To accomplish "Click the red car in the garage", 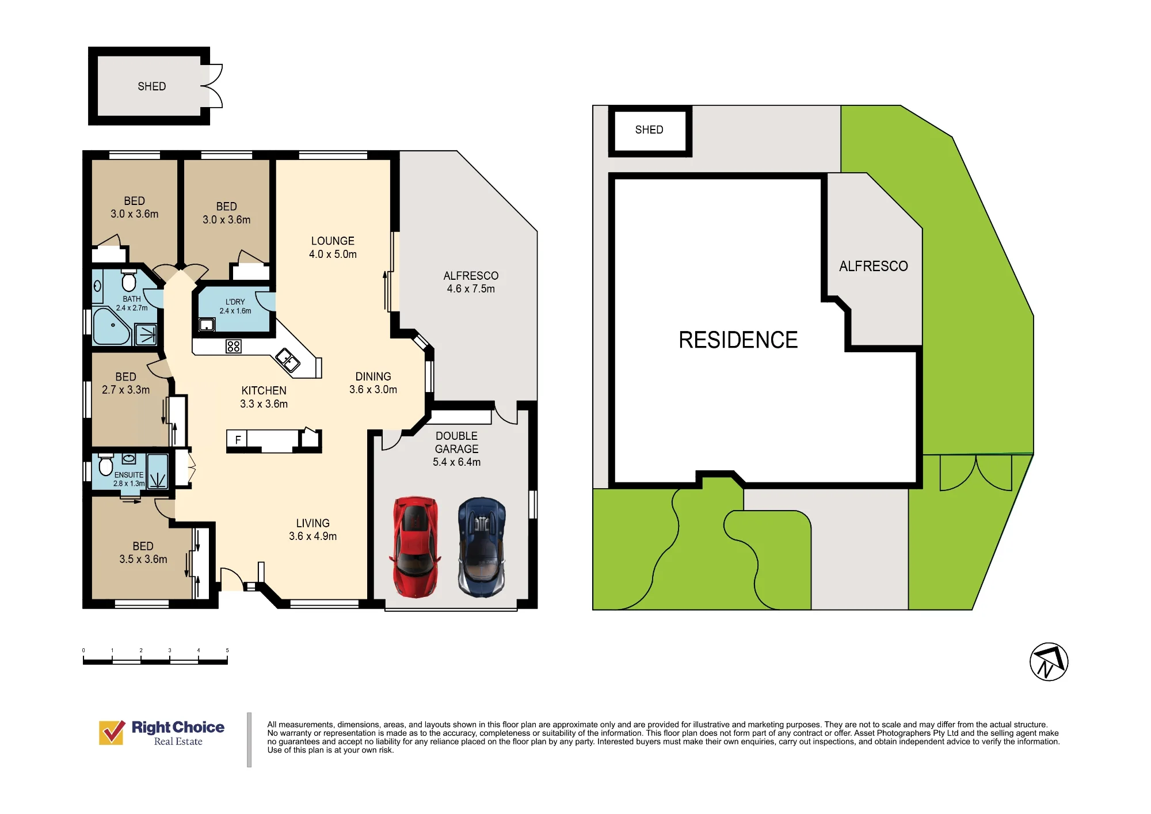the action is coord(415,547).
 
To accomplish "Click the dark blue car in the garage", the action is coord(482,547).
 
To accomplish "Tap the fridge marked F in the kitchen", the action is coord(237,440).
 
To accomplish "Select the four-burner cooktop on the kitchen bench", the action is coord(234,346).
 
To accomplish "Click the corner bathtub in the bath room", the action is coord(112,326).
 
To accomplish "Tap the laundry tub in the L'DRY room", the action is coord(207,325).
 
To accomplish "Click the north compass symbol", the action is coord(1049,661).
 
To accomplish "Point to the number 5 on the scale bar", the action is coord(227,651).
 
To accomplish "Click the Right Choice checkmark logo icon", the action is coord(112,732).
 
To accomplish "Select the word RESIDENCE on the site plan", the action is coord(738,340).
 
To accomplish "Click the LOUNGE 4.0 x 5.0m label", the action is coord(333,248).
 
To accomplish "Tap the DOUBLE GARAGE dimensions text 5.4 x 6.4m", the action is coord(456,462).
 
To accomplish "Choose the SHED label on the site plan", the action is coord(649,130).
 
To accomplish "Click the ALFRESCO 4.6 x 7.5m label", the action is coord(471,282).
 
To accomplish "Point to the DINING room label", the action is coord(373,376).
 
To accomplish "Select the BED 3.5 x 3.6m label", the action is coord(143,553).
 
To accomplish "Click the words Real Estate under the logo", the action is coord(178,741).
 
